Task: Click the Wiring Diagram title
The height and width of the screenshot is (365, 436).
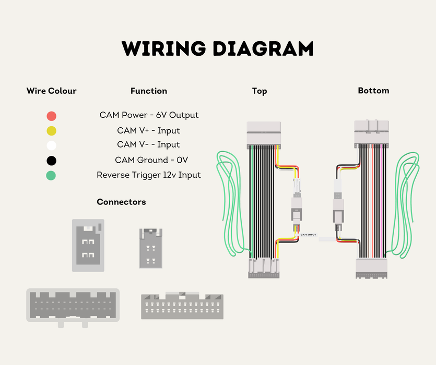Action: click(x=218, y=48)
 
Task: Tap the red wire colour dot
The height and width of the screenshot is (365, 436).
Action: click(x=52, y=116)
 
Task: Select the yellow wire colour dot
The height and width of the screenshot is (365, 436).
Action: click(x=52, y=130)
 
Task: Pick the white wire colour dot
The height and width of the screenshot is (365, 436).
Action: click(x=52, y=145)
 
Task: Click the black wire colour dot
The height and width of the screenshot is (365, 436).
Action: click(x=52, y=161)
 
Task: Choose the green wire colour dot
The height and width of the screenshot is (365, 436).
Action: click(x=51, y=176)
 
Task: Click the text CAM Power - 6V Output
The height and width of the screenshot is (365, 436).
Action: click(x=149, y=115)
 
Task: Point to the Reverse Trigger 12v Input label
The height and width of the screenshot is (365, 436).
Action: click(x=149, y=175)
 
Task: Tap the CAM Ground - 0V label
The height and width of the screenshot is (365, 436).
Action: click(x=151, y=160)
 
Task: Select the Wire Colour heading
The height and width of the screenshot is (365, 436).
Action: click(x=52, y=91)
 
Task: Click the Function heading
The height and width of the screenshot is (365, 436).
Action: click(x=149, y=91)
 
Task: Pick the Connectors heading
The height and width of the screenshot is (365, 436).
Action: click(x=121, y=202)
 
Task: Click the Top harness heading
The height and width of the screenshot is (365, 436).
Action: click(x=260, y=91)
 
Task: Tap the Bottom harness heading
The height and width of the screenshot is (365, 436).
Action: click(x=373, y=91)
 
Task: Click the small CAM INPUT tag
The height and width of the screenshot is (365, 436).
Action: click(x=308, y=235)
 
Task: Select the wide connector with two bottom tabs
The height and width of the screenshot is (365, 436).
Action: click(x=73, y=308)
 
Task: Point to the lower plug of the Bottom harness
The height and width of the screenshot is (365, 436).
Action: click(x=371, y=269)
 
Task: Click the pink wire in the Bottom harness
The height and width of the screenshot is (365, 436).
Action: click(x=381, y=201)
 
